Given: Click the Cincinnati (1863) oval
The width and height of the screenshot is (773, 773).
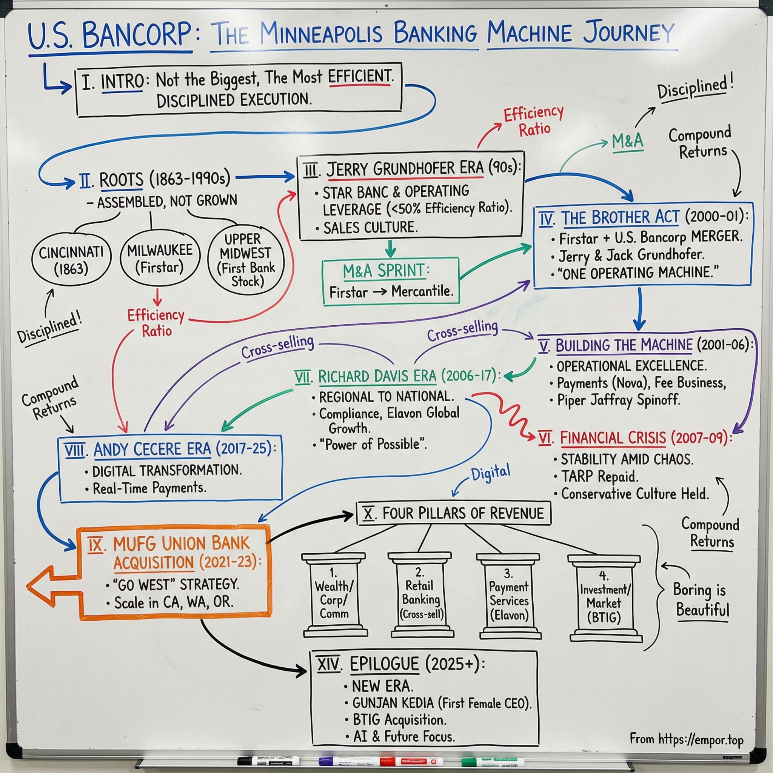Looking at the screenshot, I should point(71,260).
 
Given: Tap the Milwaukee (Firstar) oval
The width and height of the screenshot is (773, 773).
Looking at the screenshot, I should point(159,259).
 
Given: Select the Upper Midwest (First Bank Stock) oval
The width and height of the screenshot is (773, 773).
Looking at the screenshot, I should point(246,260).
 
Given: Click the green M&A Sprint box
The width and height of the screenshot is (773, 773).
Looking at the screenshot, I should point(391,281).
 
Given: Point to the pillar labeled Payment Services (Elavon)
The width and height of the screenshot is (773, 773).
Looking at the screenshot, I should point(509,596).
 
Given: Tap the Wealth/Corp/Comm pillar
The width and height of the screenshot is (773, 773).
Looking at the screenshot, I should point(334,596).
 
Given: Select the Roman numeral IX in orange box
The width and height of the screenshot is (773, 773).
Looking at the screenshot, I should point(95,545).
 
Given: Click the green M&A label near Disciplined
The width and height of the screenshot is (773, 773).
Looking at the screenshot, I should point(627,141).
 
